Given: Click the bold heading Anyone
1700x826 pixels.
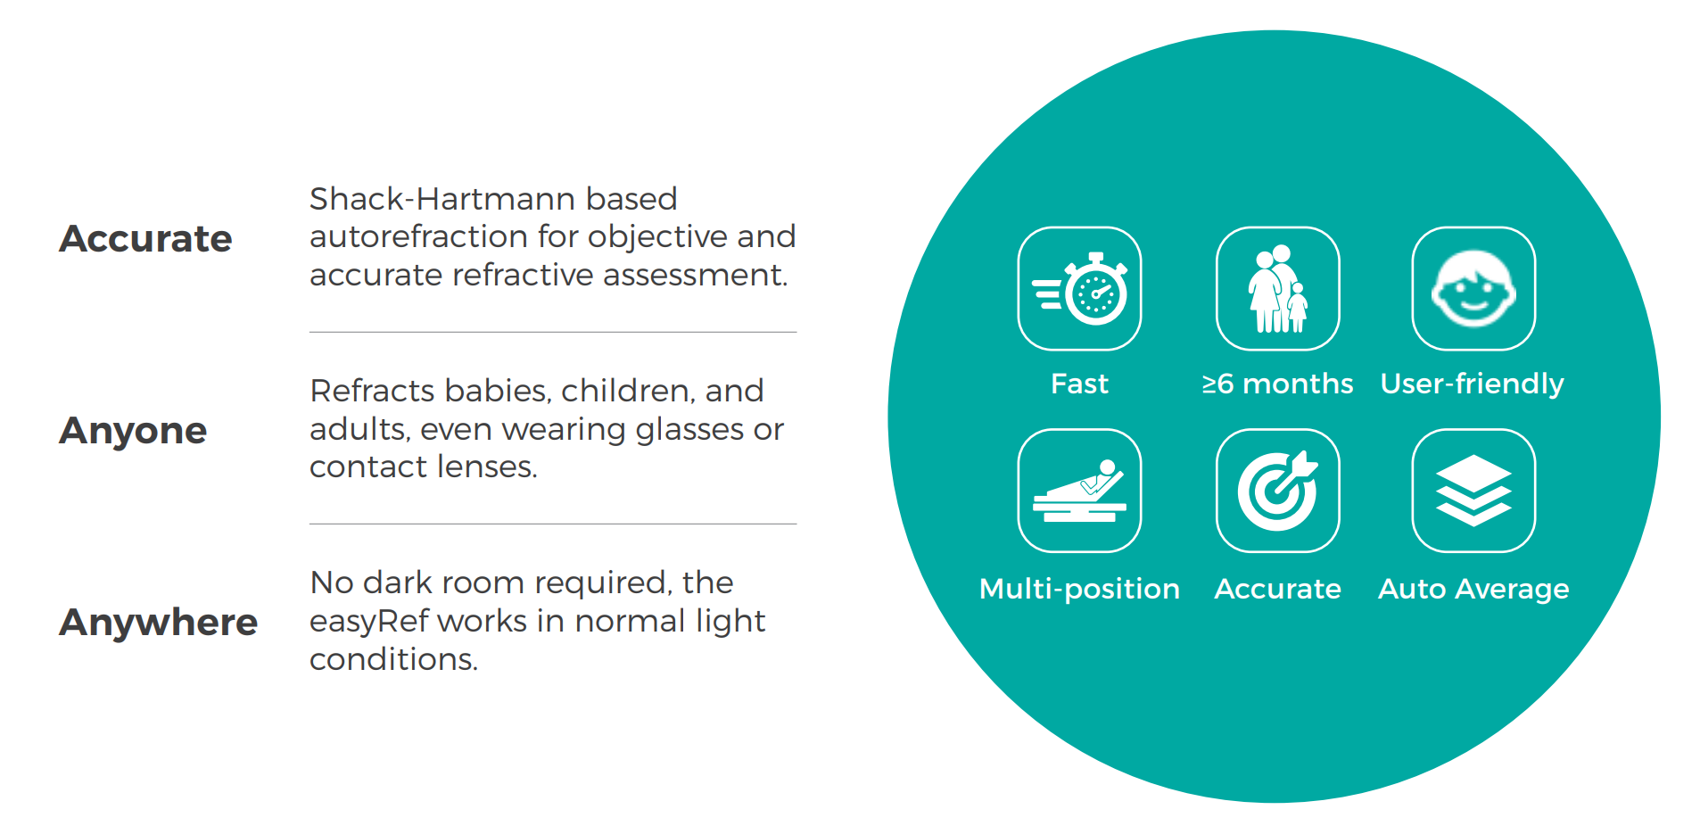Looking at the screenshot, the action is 133,431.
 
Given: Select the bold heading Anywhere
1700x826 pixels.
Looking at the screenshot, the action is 158,622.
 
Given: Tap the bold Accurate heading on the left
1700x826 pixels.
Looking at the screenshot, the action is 145,238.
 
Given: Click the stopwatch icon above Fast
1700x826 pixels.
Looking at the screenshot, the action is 1079,288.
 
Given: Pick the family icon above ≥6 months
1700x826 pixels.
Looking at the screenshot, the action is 1277,288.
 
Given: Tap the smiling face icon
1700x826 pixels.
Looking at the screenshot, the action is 1473,288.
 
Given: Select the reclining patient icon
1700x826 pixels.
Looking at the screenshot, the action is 1079,491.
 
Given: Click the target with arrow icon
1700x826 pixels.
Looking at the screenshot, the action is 1277,491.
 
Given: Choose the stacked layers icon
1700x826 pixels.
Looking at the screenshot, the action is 1473,491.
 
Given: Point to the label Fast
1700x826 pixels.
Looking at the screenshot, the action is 1079,384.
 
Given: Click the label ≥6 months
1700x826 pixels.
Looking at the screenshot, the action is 1277,384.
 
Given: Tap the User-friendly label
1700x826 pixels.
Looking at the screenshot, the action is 1473,384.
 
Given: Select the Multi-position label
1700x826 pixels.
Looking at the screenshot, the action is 1079,590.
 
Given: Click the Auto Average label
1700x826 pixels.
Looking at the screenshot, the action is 1473,590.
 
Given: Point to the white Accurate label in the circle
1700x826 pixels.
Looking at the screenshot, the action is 1277,589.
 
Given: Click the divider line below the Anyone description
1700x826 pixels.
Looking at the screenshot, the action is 553,524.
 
